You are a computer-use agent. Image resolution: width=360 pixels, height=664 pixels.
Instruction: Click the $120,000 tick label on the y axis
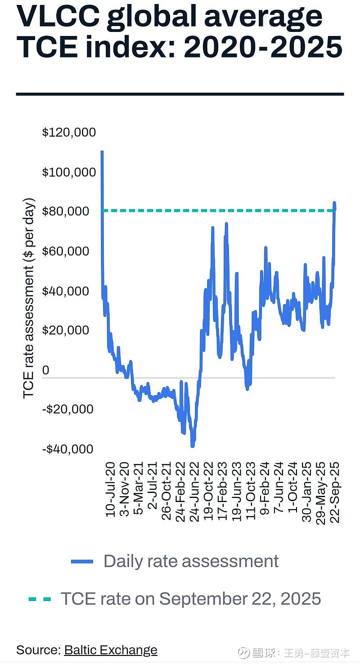[69, 132]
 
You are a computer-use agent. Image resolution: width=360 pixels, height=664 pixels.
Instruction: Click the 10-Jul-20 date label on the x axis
[111, 490]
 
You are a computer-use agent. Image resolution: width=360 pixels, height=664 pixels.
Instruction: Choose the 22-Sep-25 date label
[335, 491]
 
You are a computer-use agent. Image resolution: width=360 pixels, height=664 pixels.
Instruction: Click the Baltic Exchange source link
[111, 650]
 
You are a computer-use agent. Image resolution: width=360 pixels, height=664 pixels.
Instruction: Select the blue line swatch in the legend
[82, 561]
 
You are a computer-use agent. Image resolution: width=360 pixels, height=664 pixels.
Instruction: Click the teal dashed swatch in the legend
[40, 599]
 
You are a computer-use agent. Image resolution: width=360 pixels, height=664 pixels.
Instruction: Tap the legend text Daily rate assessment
[191, 561]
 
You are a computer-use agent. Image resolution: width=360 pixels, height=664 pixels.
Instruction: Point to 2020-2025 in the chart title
[263, 47]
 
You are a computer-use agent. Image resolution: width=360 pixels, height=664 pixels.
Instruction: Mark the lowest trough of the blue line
[193, 445]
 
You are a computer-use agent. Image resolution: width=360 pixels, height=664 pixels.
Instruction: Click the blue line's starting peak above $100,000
[102, 153]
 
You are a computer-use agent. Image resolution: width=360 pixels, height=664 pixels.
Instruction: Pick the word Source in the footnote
[37, 650]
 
